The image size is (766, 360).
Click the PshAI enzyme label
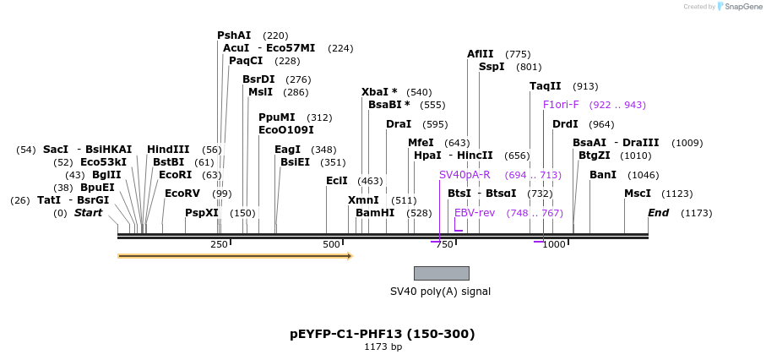point(234,35)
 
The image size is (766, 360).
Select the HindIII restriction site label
point(168,150)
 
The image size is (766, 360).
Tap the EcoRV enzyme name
point(182,194)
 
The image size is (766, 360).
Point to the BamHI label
point(375,213)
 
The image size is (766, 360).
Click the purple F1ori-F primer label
point(561,105)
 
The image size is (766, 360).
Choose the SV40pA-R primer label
point(464,175)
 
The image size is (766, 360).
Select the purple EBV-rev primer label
point(475,213)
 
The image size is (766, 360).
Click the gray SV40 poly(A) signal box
point(441,273)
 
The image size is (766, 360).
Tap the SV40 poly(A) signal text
point(440,292)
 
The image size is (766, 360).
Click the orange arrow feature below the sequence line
point(235,255)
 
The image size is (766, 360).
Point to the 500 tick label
point(331,244)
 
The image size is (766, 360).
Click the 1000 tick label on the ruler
point(553,244)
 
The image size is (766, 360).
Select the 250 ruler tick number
point(218,244)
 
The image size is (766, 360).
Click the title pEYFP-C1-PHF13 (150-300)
point(383,334)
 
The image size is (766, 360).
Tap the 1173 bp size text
point(383,347)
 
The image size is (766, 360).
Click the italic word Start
point(88,213)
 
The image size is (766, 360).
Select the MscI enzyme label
point(638,194)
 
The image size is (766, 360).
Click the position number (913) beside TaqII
point(585,86)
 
